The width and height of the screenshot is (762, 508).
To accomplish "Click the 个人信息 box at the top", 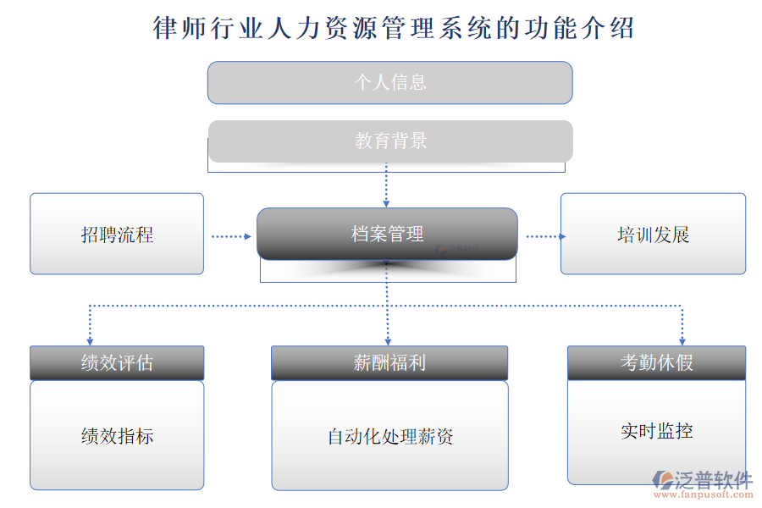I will [x=389, y=82].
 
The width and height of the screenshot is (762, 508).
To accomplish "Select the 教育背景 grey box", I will [x=390, y=141].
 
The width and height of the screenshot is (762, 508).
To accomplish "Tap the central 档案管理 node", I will [x=387, y=234].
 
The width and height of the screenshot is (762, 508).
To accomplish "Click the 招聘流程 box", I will [x=117, y=235].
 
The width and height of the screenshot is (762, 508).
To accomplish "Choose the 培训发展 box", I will [x=653, y=235].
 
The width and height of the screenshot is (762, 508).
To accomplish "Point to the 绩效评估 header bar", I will [x=117, y=363].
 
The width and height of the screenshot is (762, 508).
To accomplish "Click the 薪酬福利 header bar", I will [x=389, y=363].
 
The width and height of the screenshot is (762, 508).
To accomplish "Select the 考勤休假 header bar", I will [x=656, y=363].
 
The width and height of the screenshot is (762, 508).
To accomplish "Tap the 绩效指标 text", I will [x=117, y=437].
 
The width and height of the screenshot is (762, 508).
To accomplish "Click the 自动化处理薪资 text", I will [x=390, y=437].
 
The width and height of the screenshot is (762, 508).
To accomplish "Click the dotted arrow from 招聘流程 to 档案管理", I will [x=231, y=237].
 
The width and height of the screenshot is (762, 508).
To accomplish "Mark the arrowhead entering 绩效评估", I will [x=90, y=340].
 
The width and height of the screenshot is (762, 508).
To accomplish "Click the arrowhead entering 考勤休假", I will [x=682, y=340].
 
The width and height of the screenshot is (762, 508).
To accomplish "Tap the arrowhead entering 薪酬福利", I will [x=388, y=340].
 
